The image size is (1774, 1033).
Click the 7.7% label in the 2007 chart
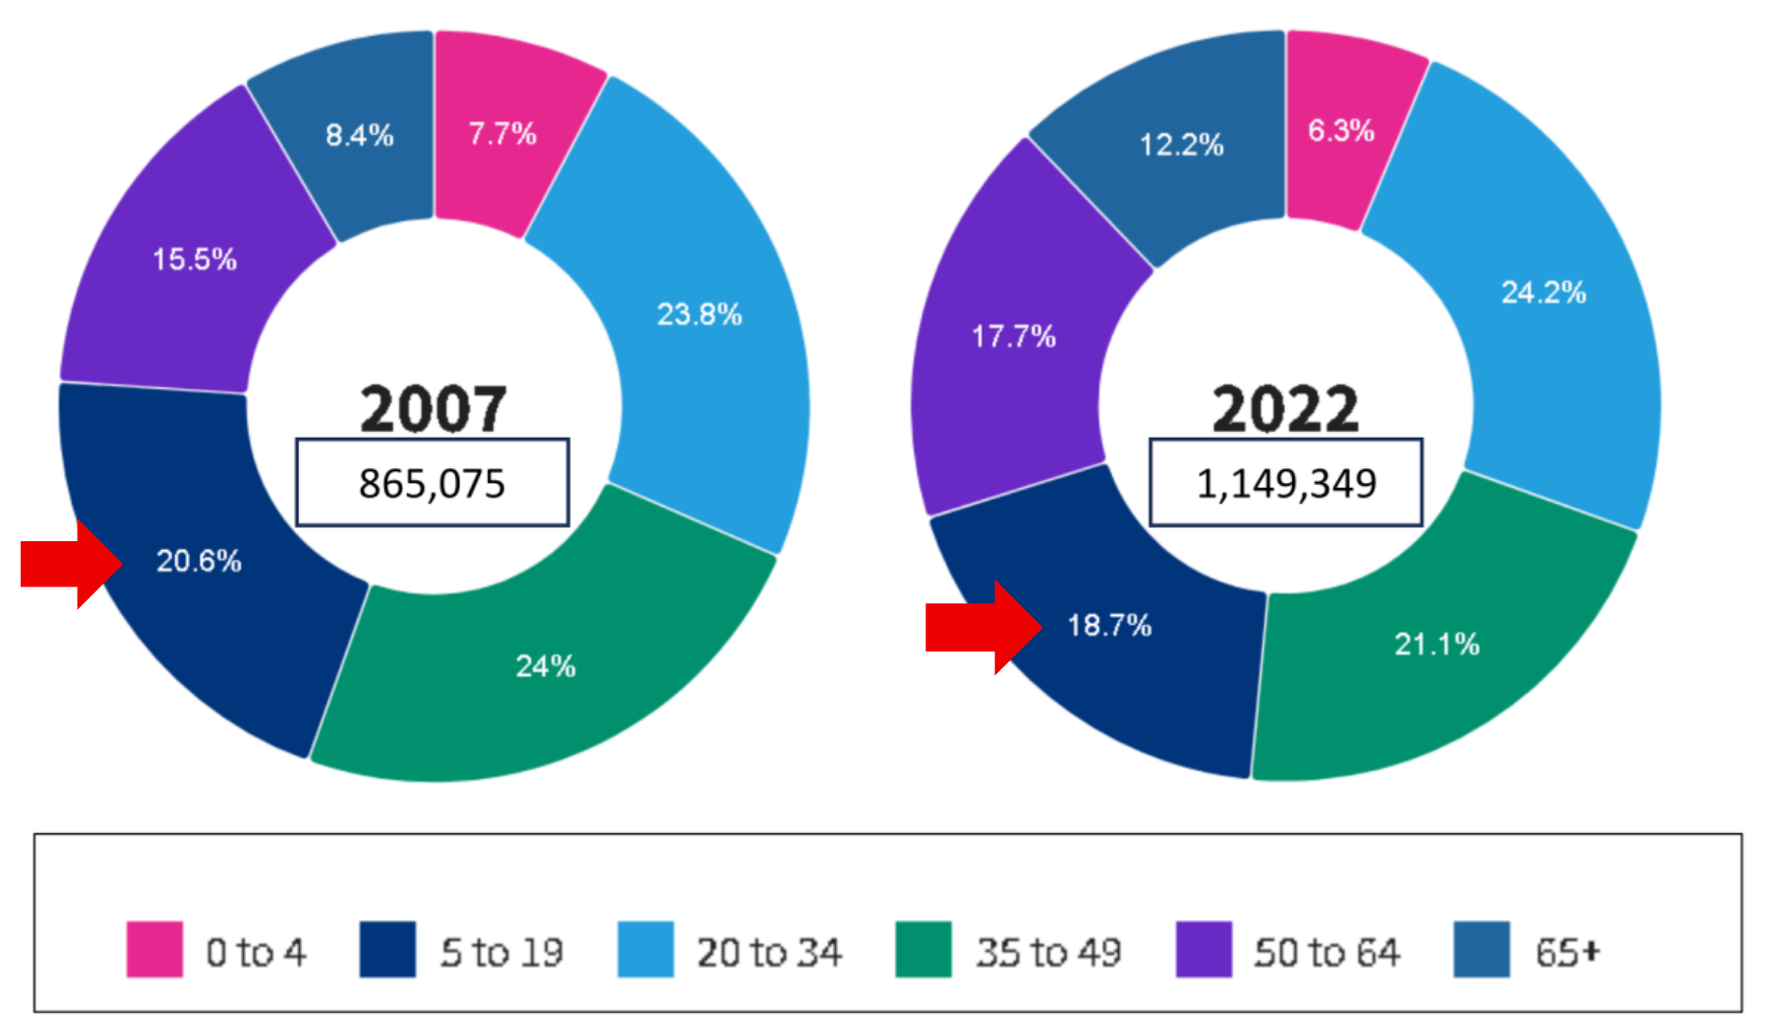tap(503, 134)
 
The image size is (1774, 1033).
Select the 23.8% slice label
tap(699, 315)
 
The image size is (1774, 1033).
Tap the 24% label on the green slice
tap(546, 666)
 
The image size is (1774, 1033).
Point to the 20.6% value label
tap(199, 561)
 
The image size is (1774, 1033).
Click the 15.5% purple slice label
tap(195, 260)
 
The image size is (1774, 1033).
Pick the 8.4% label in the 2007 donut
tap(360, 135)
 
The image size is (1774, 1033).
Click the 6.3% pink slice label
tap(1341, 131)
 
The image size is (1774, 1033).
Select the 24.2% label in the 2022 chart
tap(1543, 292)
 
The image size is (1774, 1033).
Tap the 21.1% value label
tap(1437, 644)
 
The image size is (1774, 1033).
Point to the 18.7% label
tap(1109, 626)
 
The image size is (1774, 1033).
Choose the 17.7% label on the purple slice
tap(1014, 336)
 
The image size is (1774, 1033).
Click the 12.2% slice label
tap(1181, 146)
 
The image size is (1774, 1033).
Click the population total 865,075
tap(432, 483)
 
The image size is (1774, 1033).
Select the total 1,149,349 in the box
tap(1286, 483)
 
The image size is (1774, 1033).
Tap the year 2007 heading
tap(434, 408)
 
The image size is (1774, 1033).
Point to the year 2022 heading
tap(1285, 408)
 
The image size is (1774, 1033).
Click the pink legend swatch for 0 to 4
tap(154, 949)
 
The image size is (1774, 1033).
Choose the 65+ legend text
tap(1567, 952)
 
